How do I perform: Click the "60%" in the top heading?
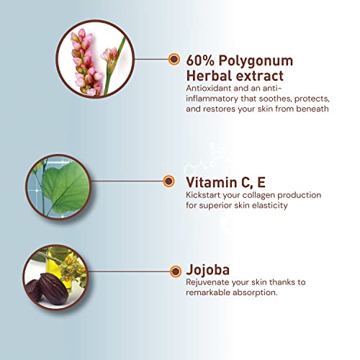point(199,60)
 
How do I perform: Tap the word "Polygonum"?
point(256,61)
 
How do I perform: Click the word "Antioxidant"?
point(208,88)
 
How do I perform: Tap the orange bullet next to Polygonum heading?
point(174,59)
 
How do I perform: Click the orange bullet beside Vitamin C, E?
point(168,181)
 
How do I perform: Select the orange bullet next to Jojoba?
point(176,271)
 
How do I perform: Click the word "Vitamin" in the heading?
point(212,182)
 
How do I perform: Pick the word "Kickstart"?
point(203,195)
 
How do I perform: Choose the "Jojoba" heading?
point(208,270)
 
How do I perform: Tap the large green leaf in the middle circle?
point(66,186)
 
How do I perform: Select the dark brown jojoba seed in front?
point(52,289)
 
